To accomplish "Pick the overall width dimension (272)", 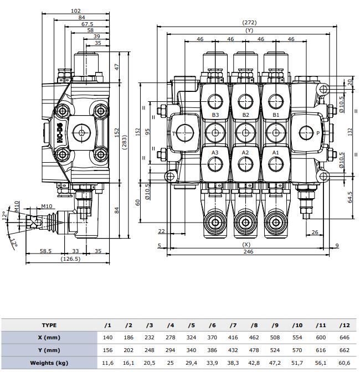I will pyautogui.click(x=249, y=23).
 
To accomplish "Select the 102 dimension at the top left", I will pyautogui.click(x=76, y=11).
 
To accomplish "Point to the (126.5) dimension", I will pyautogui.click(x=69, y=259).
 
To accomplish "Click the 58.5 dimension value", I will pyautogui.click(x=45, y=251).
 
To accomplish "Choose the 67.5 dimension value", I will pyautogui.click(x=87, y=24).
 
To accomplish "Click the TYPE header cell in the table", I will pyautogui.click(x=49, y=325).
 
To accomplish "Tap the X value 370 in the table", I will pyautogui.click(x=213, y=337).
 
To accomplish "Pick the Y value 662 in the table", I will pyautogui.click(x=344, y=350).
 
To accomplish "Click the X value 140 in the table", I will pyautogui.click(x=109, y=337).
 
